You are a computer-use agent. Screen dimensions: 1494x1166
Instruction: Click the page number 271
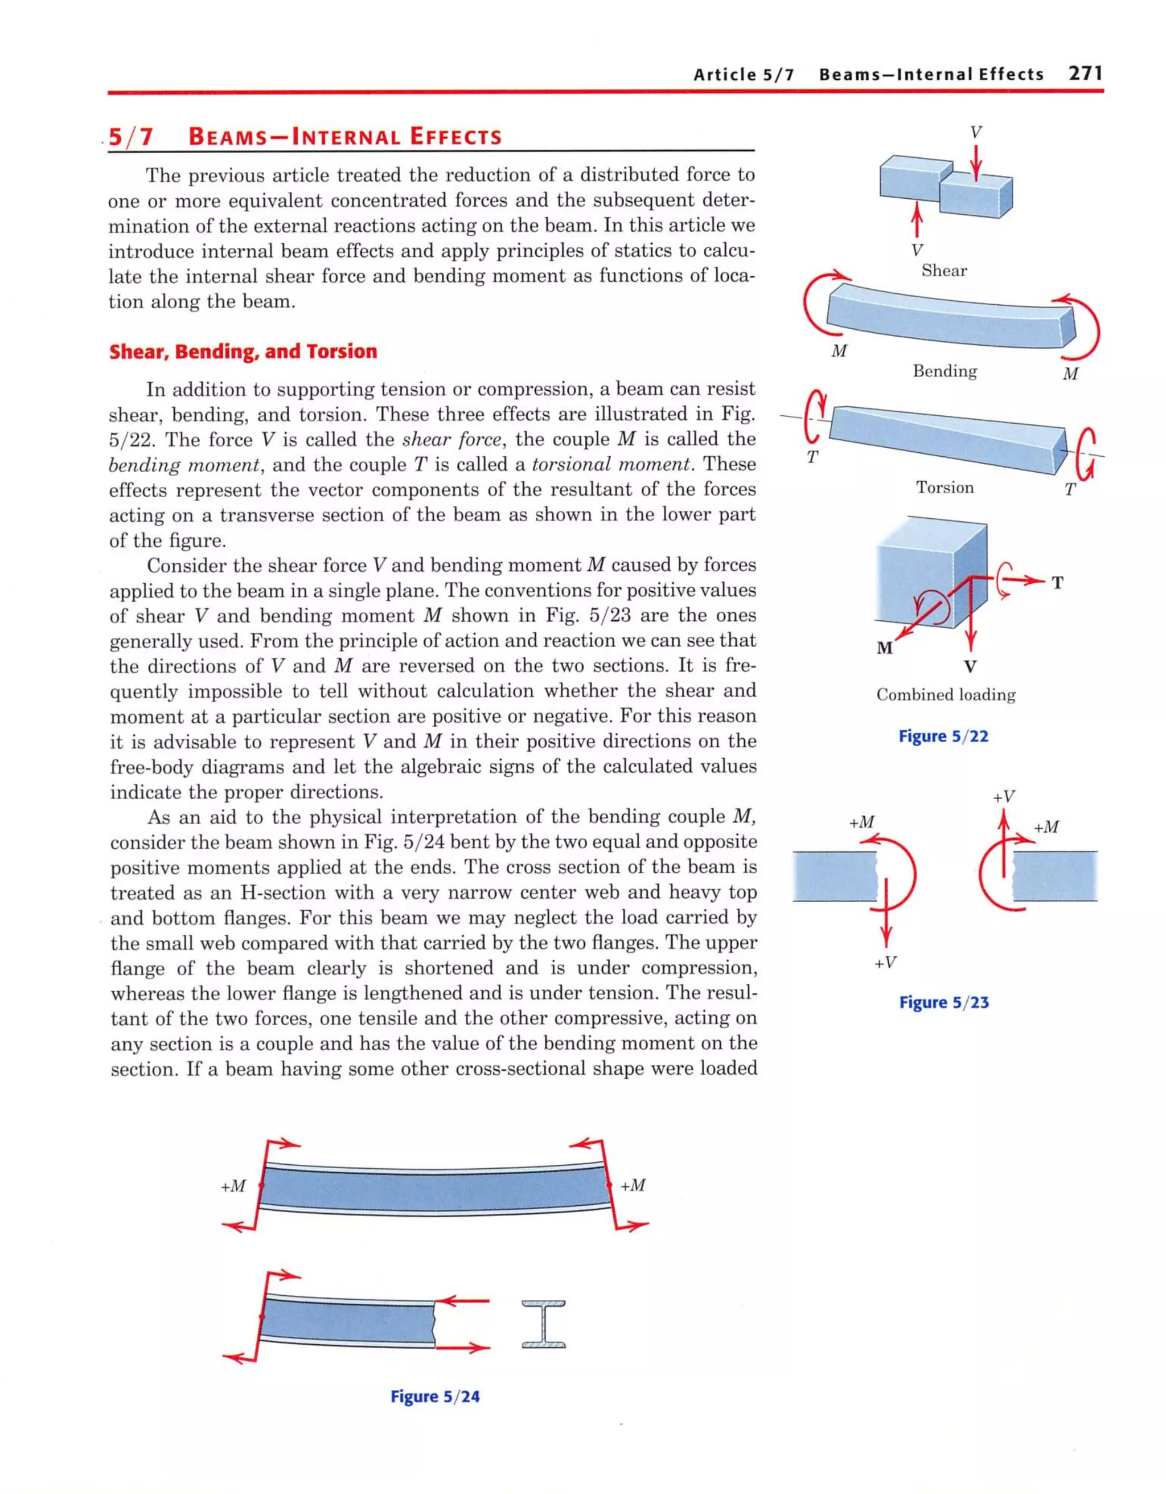tap(1086, 73)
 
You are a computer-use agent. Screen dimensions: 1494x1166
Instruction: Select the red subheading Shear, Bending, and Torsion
tap(243, 351)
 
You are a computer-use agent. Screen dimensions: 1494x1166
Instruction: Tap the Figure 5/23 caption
tap(944, 1003)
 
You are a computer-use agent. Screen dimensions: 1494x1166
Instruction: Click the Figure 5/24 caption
tap(435, 1397)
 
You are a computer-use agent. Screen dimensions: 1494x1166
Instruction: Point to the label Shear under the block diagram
tap(944, 271)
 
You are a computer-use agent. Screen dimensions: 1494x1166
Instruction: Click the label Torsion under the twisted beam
tap(945, 488)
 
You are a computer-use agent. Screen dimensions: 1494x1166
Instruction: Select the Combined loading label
tap(946, 695)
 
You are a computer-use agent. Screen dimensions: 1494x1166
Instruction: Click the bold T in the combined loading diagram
tap(1057, 583)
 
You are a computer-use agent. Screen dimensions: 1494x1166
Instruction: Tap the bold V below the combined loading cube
tap(970, 667)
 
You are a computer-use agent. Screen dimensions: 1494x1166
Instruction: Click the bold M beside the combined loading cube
tap(884, 648)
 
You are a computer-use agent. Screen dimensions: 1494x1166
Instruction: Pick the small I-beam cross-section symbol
tap(544, 1324)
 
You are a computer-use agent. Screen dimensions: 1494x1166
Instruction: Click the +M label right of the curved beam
tap(633, 1185)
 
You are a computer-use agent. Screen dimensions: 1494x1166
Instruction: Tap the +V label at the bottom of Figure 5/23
tap(885, 963)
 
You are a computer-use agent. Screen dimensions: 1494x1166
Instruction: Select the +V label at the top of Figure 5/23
tap(1003, 797)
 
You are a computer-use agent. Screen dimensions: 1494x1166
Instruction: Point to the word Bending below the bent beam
tap(945, 371)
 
